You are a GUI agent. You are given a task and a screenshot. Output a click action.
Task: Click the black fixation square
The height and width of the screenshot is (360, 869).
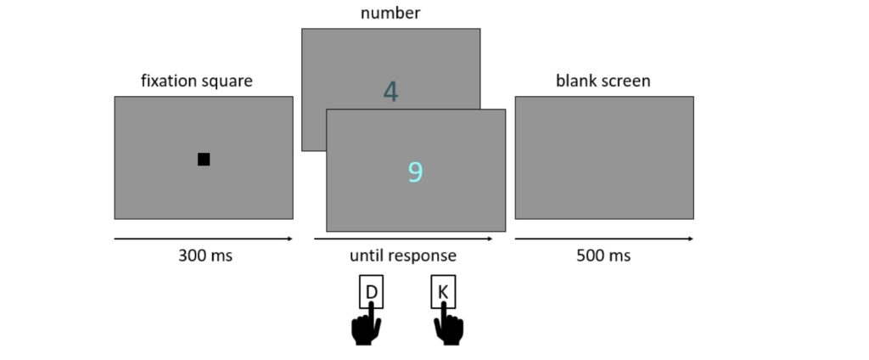coord(204,160)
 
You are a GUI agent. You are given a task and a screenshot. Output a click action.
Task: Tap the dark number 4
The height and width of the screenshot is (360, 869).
coord(390,92)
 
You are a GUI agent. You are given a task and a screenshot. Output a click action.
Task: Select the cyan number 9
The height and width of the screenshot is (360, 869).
coord(415,172)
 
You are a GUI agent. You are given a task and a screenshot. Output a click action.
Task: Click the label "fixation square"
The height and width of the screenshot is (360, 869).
coord(196,82)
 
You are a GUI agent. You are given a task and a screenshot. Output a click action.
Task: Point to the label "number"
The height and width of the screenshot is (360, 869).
coord(390,13)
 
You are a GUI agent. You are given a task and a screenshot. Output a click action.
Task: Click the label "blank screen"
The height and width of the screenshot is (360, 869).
coord(603,82)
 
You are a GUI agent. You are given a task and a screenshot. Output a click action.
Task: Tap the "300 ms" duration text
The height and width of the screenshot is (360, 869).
coord(205,256)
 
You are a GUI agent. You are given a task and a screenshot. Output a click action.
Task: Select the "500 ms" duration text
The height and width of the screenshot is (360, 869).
coord(603,256)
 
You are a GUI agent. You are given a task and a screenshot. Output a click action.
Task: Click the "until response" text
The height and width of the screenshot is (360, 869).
coord(403,256)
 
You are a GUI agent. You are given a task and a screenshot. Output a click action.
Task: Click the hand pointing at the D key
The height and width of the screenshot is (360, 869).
coord(367,326)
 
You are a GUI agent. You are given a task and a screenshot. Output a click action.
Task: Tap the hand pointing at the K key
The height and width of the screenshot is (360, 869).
coord(448,326)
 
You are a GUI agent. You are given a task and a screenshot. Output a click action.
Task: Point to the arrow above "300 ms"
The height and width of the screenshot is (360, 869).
coord(204,239)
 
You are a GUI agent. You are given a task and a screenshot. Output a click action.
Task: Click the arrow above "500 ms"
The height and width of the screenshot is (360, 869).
coord(603,239)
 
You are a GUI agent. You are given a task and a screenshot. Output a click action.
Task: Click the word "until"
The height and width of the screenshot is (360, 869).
coord(367,256)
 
